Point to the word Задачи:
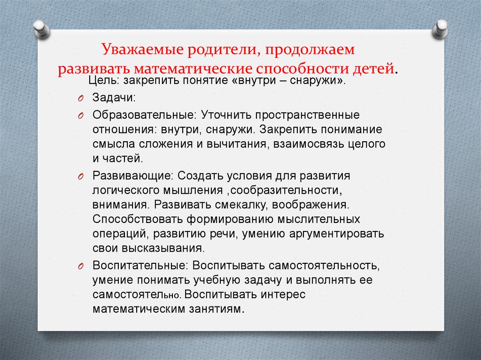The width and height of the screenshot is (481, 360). (108, 98)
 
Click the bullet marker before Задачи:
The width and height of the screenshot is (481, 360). (81, 99)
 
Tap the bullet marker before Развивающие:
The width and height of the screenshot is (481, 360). (81, 176)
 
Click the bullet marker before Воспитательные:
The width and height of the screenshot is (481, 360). (81, 266)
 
